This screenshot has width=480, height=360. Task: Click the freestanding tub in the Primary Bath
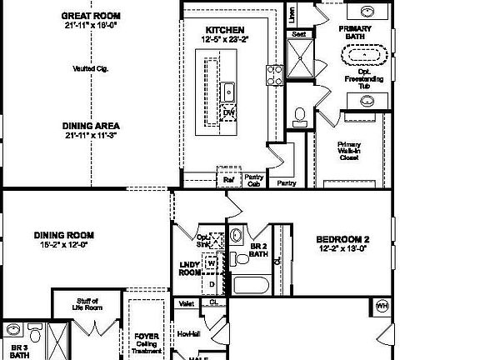pyautogui.click(x=363, y=56)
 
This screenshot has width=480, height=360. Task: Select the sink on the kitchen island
pyautogui.click(x=227, y=91)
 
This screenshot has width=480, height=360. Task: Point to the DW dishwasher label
pyautogui.click(x=227, y=112)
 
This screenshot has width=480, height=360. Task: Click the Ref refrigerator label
pyautogui.click(x=228, y=178)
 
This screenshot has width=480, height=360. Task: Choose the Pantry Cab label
pyautogui.click(x=254, y=180)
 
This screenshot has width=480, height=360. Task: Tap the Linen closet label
pyautogui.click(x=291, y=15)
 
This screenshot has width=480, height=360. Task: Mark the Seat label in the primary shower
pyautogui.click(x=299, y=35)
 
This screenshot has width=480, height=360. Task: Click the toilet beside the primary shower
pyautogui.click(x=300, y=114)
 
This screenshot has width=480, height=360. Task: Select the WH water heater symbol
pyautogui.click(x=383, y=305)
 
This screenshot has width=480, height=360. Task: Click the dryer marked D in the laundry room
pyautogui.click(x=212, y=283)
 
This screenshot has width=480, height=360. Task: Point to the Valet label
pyautogui.click(x=187, y=304)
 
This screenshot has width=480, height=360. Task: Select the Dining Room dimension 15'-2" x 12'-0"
pyautogui.click(x=63, y=245)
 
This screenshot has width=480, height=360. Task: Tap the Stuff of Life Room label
pyautogui.click(x=88, y=304)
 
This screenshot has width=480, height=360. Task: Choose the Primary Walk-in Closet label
pyautogui.click(x=349, y=151)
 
